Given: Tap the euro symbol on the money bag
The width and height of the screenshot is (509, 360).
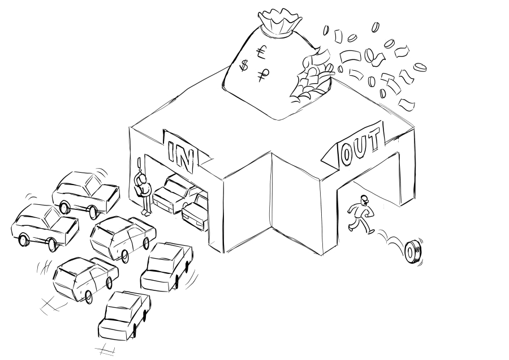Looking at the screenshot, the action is [x=261, y=52].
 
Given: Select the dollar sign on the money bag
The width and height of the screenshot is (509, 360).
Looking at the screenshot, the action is [x=244, y=66].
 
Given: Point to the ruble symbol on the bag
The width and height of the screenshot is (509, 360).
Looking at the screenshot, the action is [x=262, y=75].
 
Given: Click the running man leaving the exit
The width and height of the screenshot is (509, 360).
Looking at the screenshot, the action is [x=361, y=214].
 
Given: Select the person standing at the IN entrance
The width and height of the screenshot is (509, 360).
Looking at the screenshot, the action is [x=143, y=194].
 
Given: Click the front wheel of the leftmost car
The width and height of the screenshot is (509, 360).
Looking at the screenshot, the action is [x=23, y=240].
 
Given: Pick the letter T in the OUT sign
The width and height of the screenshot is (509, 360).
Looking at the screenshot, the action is [x=375, y=138].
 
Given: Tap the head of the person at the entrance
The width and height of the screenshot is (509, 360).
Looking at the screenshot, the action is [x=141, y=179].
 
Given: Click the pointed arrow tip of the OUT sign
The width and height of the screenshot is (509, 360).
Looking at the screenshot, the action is [x=322, y=158].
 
